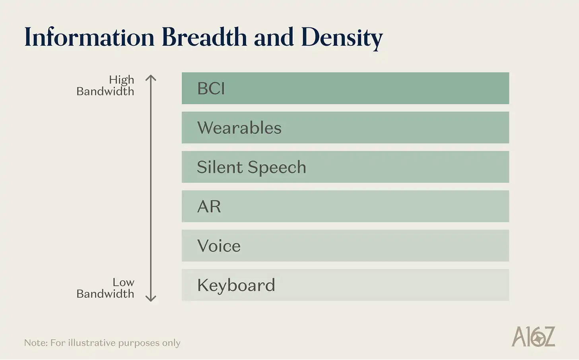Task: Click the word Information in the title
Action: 89,37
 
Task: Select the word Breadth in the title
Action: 204,37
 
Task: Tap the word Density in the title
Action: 342,38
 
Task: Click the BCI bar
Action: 345,88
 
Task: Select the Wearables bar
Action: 345,128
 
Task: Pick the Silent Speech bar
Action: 345,167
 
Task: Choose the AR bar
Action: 345,206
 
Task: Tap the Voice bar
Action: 345,246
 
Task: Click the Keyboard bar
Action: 345,285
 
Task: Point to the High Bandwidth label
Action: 106,85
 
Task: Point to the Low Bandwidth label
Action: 106,288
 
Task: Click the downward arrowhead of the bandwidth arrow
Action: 151,298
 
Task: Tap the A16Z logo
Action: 533,337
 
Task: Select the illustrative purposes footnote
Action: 102,343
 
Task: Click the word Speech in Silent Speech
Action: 277,167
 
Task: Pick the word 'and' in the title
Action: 274,37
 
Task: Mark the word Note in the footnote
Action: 35,343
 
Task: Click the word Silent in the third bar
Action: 220,167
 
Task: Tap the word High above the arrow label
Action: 122,80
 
